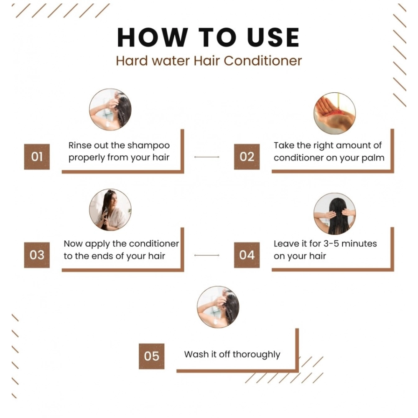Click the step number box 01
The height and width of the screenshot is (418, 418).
click(x=37, y=157)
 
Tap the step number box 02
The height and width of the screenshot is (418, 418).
click(x=247, y=157)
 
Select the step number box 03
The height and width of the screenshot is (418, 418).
click(x=37, y=255)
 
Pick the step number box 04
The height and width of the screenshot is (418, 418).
click(x=247, y=255)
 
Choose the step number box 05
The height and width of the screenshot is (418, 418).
click(x=152, y=356)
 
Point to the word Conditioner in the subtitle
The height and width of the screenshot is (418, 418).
click(x=263, y=61)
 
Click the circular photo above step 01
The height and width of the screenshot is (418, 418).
click(x=110, y=110)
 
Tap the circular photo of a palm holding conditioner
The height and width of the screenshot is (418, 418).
click(x=334, y=113)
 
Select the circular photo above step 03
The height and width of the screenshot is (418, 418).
click(x=110, y=209)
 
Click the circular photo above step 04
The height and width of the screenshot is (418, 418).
click(x=334, y=214)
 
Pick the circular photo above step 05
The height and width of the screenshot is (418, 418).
click(x=218, y=307)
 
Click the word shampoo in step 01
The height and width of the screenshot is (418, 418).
click(x=149, y=145)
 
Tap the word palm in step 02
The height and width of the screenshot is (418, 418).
click(x=374, y=158)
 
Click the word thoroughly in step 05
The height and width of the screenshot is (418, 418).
click(x=256, y=354)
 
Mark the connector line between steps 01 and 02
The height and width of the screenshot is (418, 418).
click(x=207, y=157)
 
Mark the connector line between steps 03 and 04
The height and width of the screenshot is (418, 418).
click(x=207, y=255)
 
